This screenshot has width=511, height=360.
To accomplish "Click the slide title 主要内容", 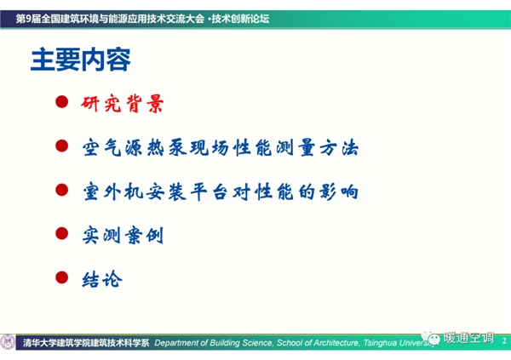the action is point(81,60).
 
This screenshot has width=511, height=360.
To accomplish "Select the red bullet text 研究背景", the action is point(122,104).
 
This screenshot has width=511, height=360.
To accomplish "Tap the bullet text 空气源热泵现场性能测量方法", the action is point(221,147).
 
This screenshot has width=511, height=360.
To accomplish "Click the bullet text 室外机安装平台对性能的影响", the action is point(221,191).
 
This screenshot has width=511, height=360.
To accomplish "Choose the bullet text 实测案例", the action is point(123,235).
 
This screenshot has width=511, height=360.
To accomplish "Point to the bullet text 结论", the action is point(102,279).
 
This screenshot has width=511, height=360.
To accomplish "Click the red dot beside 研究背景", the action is point(61,101).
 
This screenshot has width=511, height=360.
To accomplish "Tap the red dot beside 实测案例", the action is point(61,233).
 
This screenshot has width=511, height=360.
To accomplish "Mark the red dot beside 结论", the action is point(61,277).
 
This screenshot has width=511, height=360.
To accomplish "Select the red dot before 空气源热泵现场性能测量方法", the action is point(61,146).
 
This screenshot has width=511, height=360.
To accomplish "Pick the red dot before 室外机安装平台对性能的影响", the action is point(61,190).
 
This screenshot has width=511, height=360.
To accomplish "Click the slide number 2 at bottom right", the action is point(504,340).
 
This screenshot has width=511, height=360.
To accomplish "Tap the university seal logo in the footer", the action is point(8,342).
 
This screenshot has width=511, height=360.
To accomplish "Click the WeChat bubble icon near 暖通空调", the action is point(430,338).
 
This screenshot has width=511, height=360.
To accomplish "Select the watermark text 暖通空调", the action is point(468,338).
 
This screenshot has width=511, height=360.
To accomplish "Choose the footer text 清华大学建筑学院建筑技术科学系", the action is point(86,343).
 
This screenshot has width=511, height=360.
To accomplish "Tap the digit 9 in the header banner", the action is point(28,19).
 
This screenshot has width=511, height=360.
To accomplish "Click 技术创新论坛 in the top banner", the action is point(240,19).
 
